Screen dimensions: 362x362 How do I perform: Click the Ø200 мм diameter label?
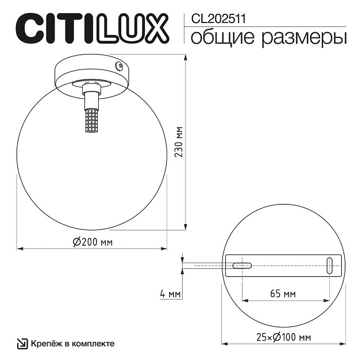coord(93,242)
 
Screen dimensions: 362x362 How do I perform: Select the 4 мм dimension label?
coord(171,295)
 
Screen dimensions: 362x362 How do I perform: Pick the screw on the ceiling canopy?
coord(120,66)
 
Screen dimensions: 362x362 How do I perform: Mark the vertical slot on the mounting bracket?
coord(329,265)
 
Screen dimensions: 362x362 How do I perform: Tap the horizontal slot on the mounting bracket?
coord(242,265)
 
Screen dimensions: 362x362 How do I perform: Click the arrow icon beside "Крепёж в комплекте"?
coord(22,344)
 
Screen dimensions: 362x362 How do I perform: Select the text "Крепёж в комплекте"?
coord(72,344)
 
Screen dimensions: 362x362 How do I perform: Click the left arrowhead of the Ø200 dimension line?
coord(20,249)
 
